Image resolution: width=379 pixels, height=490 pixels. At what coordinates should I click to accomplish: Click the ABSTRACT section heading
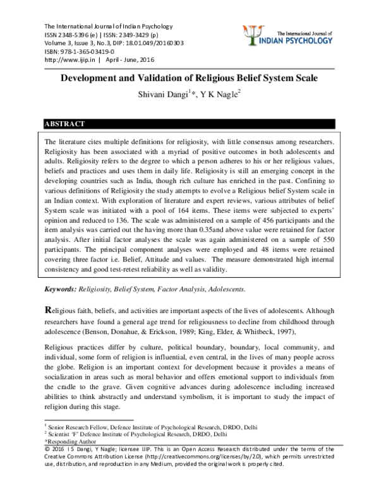(x=64, y=124)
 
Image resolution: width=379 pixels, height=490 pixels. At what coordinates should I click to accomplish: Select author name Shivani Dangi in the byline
(x=160, y=95)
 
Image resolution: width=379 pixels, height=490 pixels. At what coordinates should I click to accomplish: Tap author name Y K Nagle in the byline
(x=218, y=95)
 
